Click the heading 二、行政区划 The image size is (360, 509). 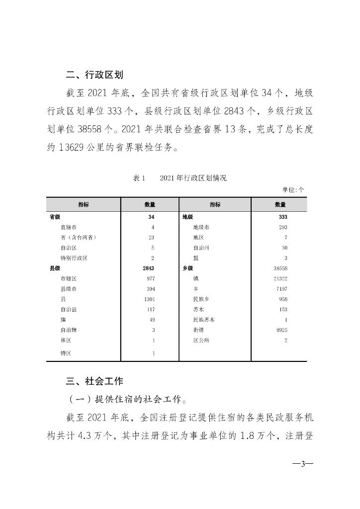pos(94,75)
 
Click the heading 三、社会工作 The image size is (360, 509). pos(94,382)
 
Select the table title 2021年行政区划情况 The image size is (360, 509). pos(193,178)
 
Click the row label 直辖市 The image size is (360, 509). pos(68,227)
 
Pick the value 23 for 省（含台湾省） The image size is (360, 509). pos(151,237)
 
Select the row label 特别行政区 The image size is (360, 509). pos(74,258)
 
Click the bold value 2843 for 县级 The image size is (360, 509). pos(150,268)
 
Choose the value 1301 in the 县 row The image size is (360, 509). pos(150,299)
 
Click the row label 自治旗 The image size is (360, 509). pos(68,330)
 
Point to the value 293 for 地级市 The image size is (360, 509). pos(283,227)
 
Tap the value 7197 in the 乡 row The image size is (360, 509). pos(281,289)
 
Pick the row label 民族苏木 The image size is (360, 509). pos(203,320)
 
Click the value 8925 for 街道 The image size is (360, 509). pos(281,330)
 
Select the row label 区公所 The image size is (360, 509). pos(201,340)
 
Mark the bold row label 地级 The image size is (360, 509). pos(187,217)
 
